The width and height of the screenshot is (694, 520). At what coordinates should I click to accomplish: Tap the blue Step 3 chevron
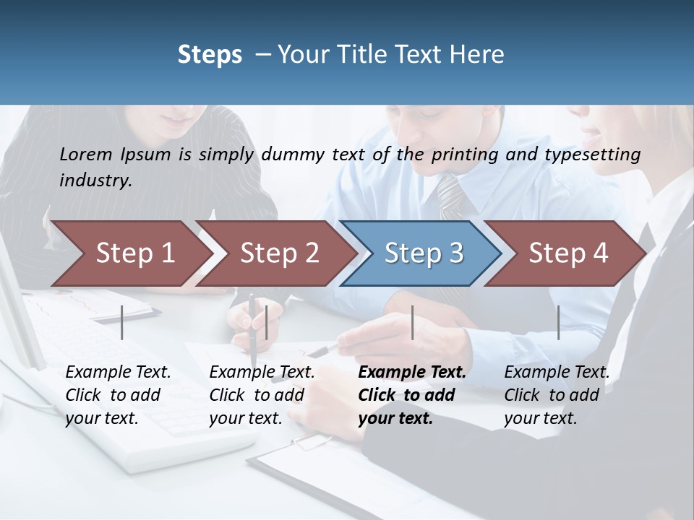[421, 253]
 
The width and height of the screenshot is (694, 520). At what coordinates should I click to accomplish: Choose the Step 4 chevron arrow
[566, 253]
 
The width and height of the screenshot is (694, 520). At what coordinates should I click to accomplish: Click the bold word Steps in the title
[210, 54]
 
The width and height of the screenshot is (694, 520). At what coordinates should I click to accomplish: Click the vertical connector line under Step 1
[122, 322]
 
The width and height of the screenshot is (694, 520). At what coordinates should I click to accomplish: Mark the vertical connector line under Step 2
[267, 322]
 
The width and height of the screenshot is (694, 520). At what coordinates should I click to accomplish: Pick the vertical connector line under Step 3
[412, 322]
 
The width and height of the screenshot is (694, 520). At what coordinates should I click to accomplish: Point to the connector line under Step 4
[558, 322]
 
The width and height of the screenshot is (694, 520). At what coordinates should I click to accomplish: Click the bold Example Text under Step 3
[412, 373]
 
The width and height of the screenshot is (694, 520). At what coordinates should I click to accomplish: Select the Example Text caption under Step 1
[118, 373]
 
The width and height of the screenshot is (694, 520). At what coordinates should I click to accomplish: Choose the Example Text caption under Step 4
[557, 373]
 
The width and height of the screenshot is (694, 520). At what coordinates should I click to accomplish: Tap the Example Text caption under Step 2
[262, 373]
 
